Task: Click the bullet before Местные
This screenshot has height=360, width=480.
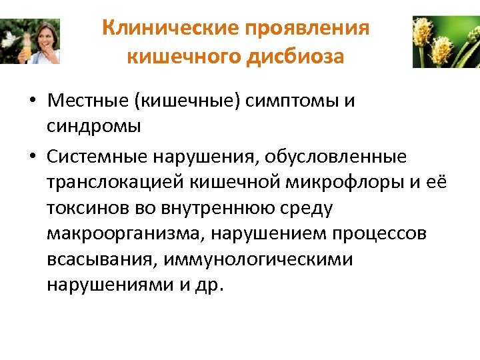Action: [x=32, y=102]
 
